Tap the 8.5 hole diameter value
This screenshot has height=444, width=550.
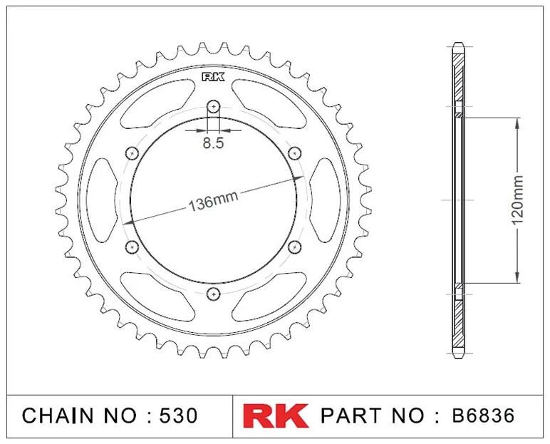pos(213,143)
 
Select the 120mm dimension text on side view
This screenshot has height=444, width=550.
pos(517,200)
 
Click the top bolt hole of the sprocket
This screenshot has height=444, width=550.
pos(213,107)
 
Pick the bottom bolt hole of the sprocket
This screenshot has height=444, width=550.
pos(213,294)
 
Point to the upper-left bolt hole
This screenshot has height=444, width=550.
pos(133,153)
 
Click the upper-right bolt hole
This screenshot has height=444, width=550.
pos(295,153)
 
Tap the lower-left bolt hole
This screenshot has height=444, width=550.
pos(133,247)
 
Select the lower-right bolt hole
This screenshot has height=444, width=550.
pos(295,247)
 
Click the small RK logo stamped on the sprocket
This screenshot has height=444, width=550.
pos(213,77)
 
